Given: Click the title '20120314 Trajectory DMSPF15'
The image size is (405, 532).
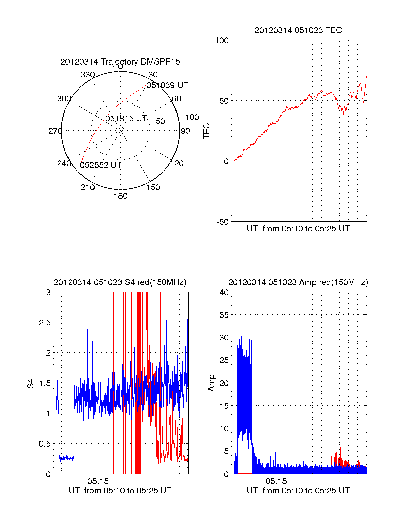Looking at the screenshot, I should click(120, 62).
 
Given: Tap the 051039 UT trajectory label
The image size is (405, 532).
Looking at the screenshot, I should click(167, 85).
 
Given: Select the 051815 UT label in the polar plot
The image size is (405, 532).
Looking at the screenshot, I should click(126, 119).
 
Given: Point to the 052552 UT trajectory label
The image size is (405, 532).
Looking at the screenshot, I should click(101, 165).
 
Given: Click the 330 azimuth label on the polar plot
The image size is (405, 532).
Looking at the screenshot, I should click(88, 75).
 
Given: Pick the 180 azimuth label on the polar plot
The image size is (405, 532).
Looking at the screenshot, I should click(120, 196).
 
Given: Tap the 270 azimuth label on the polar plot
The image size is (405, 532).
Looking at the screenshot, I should click(55, 131).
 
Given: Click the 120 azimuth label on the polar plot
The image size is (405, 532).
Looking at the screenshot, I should click(177, 163).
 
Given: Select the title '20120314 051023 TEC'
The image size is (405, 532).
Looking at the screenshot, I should click(298, 30).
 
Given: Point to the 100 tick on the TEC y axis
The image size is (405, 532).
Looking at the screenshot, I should click(222, 41).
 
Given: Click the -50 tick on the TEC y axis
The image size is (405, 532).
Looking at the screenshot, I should click(222, 222).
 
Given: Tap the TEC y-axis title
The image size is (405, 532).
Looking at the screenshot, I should click(207, 131).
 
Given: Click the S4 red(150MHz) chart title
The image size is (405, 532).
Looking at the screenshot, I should click(120, 282).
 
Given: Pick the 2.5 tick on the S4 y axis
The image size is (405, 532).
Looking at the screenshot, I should click(45, 323).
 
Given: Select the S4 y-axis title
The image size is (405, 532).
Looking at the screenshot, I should click(31, 383).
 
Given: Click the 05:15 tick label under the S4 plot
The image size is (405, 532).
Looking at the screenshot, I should click(98, 481).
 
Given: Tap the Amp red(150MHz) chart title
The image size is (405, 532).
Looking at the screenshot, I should click(298, 282).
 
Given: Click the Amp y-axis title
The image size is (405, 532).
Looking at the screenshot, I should click(211, 383).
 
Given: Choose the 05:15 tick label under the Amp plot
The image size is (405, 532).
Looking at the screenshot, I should click(276, 481).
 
